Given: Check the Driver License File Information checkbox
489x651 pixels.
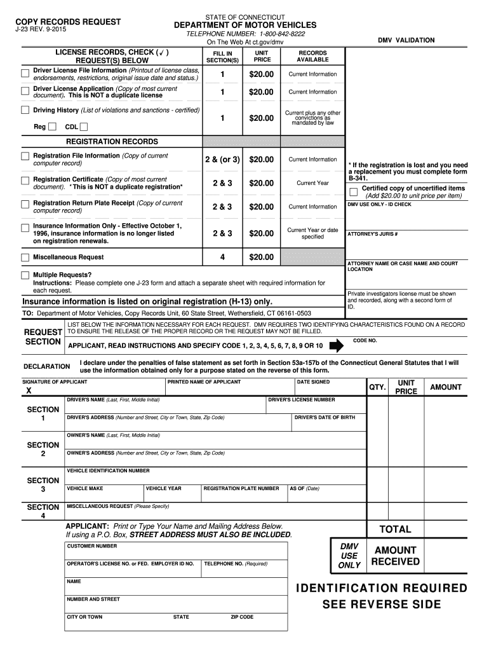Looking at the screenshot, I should (25, 71).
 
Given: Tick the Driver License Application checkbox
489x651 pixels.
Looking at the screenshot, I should (25, 90).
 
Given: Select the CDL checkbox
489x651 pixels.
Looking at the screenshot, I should (84, 127).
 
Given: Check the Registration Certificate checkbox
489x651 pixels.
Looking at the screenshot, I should (25, 180).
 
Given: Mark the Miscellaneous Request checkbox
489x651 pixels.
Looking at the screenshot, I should (25, 257).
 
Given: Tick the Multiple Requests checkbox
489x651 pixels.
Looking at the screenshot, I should (25, 275).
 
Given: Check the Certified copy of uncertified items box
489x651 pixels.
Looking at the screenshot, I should (354, 192).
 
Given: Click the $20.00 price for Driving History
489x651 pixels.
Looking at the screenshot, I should (261, 118).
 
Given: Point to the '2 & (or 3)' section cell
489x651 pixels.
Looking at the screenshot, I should (222, 160).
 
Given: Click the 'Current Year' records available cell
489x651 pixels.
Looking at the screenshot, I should (312, 183).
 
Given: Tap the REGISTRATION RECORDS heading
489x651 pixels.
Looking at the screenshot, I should (112, 142).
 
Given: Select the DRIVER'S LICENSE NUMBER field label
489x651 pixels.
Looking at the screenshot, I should (302, 400).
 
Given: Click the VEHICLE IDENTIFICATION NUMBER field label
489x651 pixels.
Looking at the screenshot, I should (109, 471).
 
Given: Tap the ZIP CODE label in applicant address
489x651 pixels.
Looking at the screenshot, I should (242, 617).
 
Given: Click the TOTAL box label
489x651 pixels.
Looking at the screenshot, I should (395, 530).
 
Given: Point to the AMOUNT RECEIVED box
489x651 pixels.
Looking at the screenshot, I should (395, 556).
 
